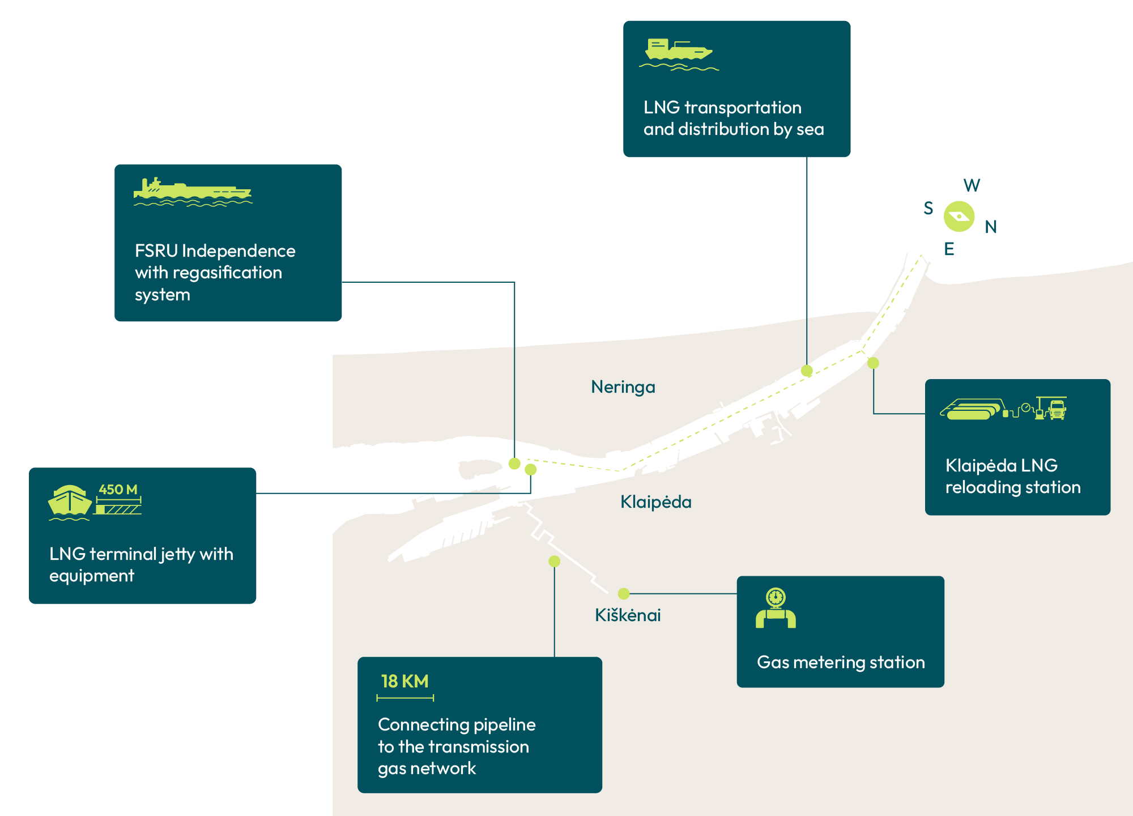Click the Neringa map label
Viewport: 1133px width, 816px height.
pyautogui.click(x=623, y=387)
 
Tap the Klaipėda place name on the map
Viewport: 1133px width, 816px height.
pyautogui.click(x=655, y=502)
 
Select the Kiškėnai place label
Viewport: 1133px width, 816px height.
pyautogui.click(x=628, y=615)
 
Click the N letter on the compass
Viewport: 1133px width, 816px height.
pyautogui.click(x=991, y=227)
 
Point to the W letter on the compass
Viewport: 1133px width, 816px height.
pyautogui.click(x=972, y=185)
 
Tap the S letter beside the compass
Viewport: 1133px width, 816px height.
pyautogui.click(x=928, y=209)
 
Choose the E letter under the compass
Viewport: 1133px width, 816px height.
pyautogui.click(x=949, y=249)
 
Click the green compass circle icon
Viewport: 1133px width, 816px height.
pyautogui.click(x=959, y=216)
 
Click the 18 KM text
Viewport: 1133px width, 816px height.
pyautogui.click(x=404, y=681)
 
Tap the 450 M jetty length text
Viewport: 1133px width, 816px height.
pyautogui.click(x=118, y=490)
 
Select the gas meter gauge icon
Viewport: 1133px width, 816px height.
pyautogui.click(x=776, y=597)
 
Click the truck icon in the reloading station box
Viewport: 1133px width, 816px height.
pyautogui.click(x=1057, y=409)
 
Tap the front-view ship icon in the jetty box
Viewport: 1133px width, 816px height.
pyautogui.click(x=70, y=501)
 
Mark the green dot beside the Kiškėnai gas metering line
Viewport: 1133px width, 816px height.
pyautogui.click(x=624, y=594)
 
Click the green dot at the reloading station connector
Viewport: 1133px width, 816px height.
pyautogui.click(x=873, y=363)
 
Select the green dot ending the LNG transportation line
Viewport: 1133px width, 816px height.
pyautogui.click(x=807, y=371)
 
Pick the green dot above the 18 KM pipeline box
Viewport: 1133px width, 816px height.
pyautogui.click(x=554, y=561)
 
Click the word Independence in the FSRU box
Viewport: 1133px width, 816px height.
pyautogui.click(x=238, y=251)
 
